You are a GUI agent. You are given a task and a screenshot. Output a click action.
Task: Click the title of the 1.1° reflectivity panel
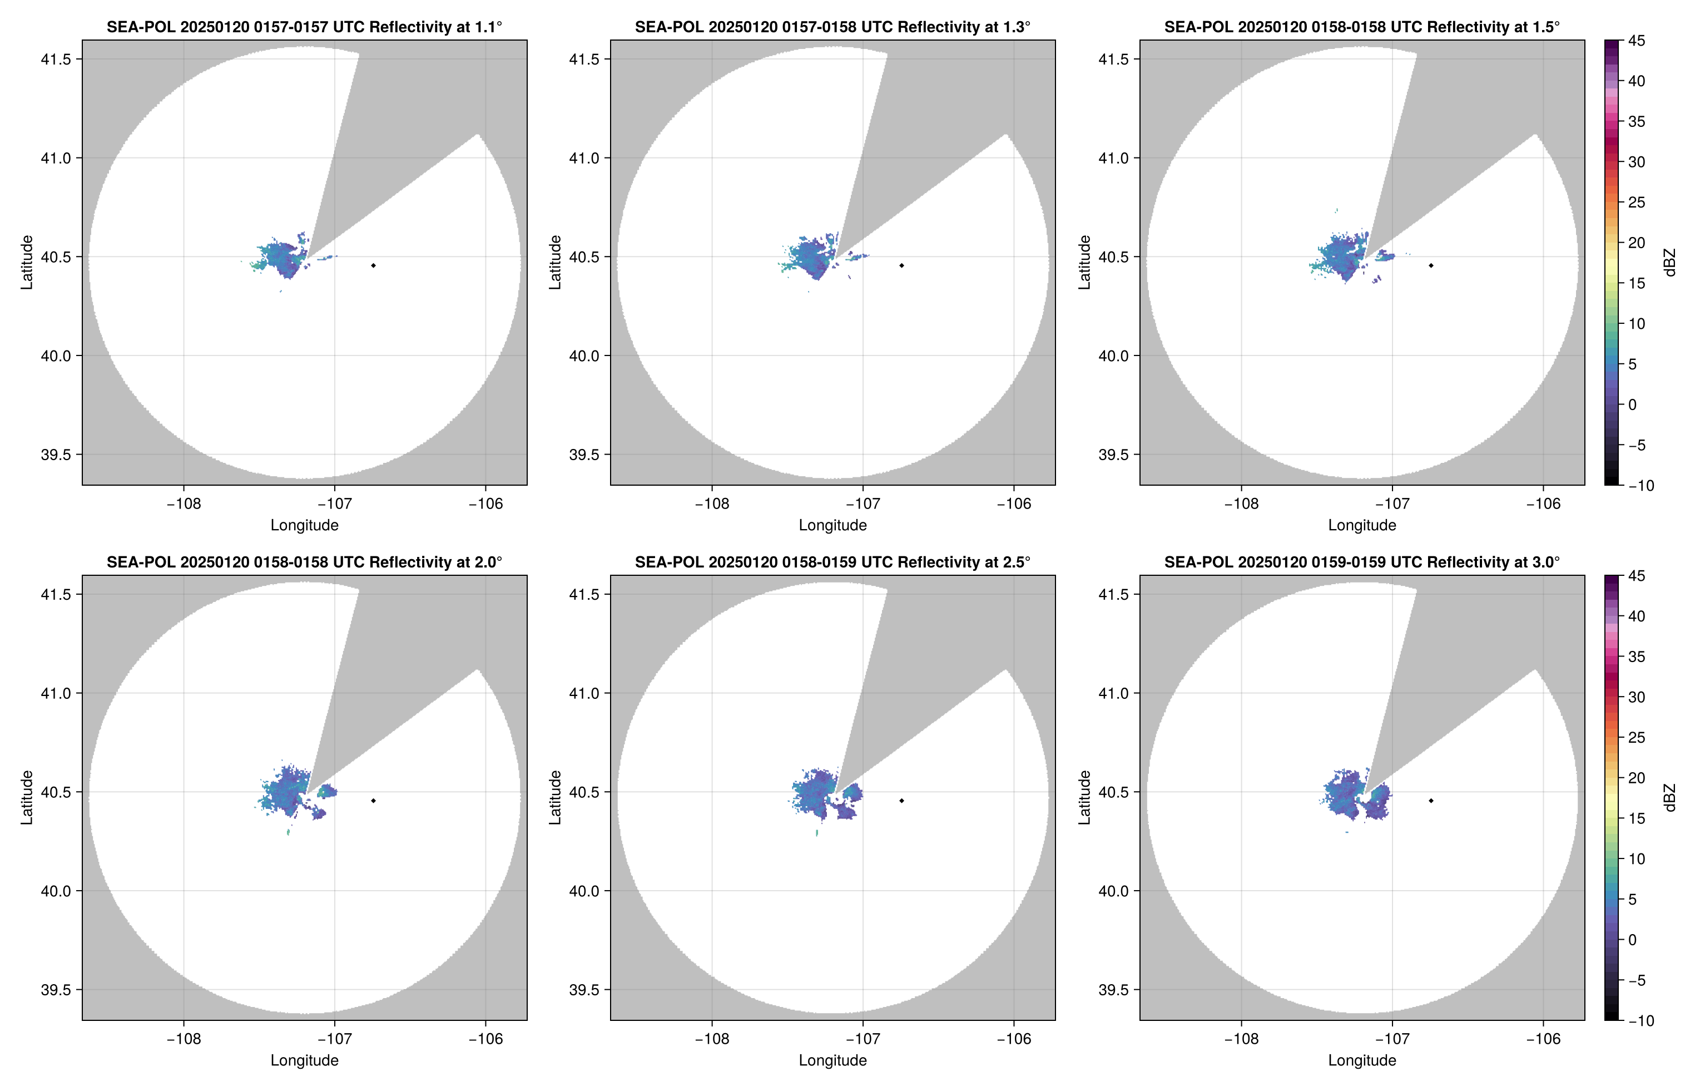pyautogui.click(x=304, y=27)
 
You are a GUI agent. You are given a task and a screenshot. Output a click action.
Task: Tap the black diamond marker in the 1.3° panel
pyautogui.click(x=901, y=265)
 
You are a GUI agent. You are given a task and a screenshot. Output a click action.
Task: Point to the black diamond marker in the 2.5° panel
pyautogui.click(x=901, y=801)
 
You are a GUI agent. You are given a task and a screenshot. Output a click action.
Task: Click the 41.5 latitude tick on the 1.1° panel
pyautogui.click(x=56, y=59)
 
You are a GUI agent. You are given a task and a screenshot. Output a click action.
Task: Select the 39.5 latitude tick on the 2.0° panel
pyautogui.click(x=56, y=989)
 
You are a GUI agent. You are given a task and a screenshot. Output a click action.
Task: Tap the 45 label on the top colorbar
pyautogui.click(x=1637, y=41)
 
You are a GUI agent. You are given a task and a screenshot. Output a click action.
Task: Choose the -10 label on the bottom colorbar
pyautogui.click(x=1640, y=1020)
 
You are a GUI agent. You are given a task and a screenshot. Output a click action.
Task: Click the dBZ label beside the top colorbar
pyautogui.click(x=1668, y=263)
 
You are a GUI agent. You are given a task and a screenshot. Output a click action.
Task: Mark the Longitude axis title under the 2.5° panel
pyautogui.click(x=832, y=1060)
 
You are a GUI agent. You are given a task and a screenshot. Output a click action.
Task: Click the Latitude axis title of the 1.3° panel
pyautogui.click(x=556, y=263)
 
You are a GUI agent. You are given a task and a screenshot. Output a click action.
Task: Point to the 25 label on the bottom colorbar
pyautogui.click(x=1637, y=738)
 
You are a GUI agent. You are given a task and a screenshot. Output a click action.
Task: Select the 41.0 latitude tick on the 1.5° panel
pyautogui.click(x=1113, y=158)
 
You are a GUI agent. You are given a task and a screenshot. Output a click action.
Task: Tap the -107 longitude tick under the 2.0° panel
pyautogui.click(x=334, y=1039)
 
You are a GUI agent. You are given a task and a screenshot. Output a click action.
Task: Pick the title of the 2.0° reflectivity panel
pyautogui.click(x=304, y=562)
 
